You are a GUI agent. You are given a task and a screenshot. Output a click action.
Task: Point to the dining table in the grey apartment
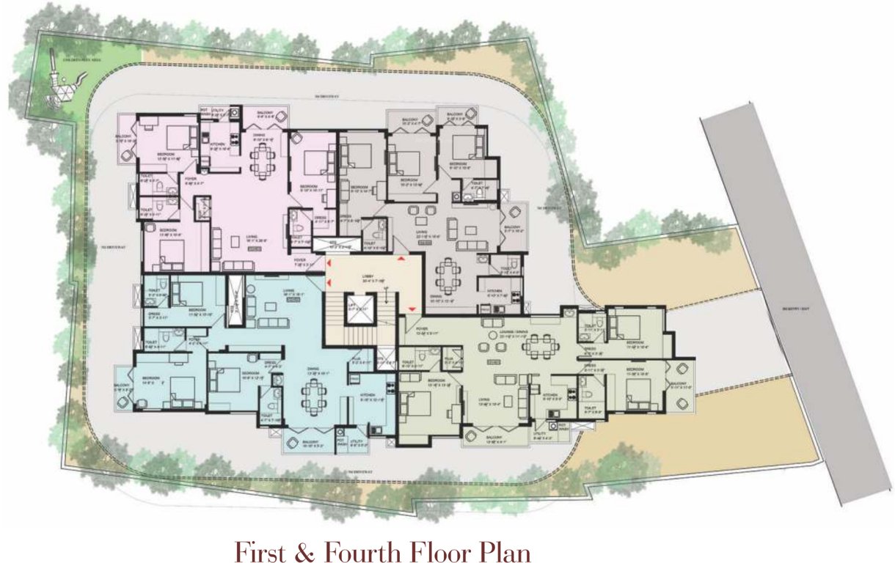(x=447, y=277)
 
